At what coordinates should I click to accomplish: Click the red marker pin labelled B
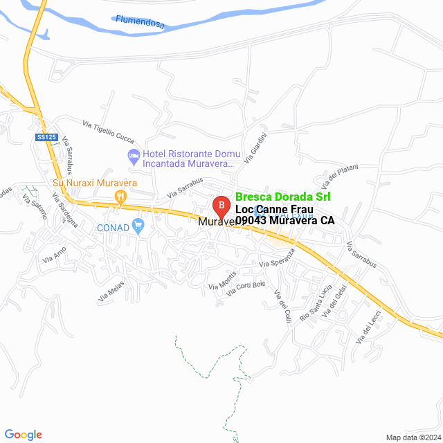pos(220,206)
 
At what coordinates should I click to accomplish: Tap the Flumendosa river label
pos(141,23)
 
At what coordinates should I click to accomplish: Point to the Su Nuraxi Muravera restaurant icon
pos(120,196)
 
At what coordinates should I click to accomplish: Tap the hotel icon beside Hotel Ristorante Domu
pos(132,154)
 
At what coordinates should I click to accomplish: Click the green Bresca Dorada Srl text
pos(282,197)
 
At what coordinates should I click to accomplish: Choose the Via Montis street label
pos(222,281)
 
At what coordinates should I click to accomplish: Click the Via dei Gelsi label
pos(334,304)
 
